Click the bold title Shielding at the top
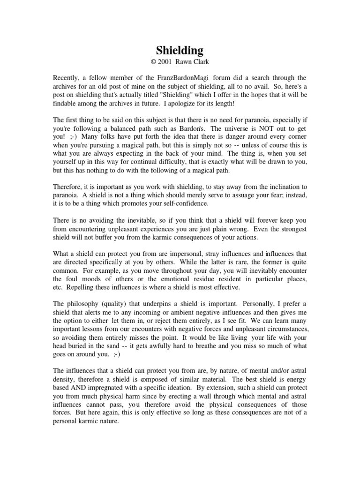point(180,50)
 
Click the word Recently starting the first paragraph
point(67,77)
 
